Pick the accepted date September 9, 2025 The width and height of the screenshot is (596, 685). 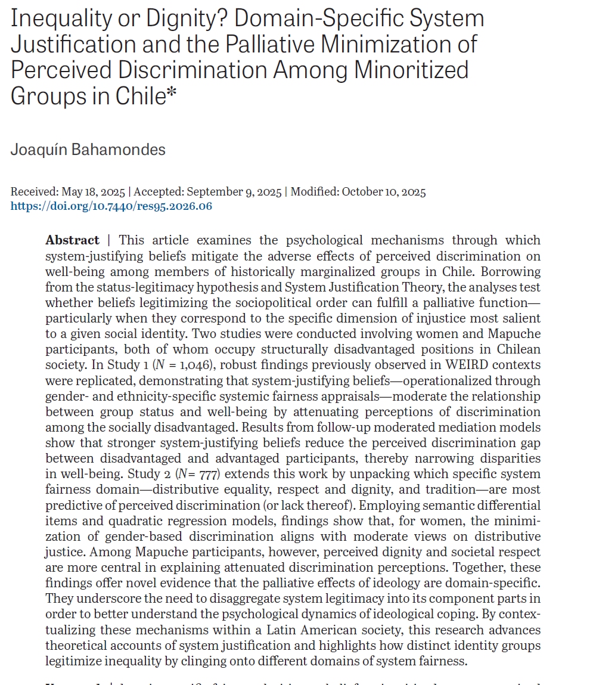tap(234, 192)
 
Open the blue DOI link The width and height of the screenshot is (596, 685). tap(111, 206)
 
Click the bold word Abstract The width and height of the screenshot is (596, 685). tap(72, 240)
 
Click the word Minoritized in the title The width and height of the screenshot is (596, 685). tap(411, 69)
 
